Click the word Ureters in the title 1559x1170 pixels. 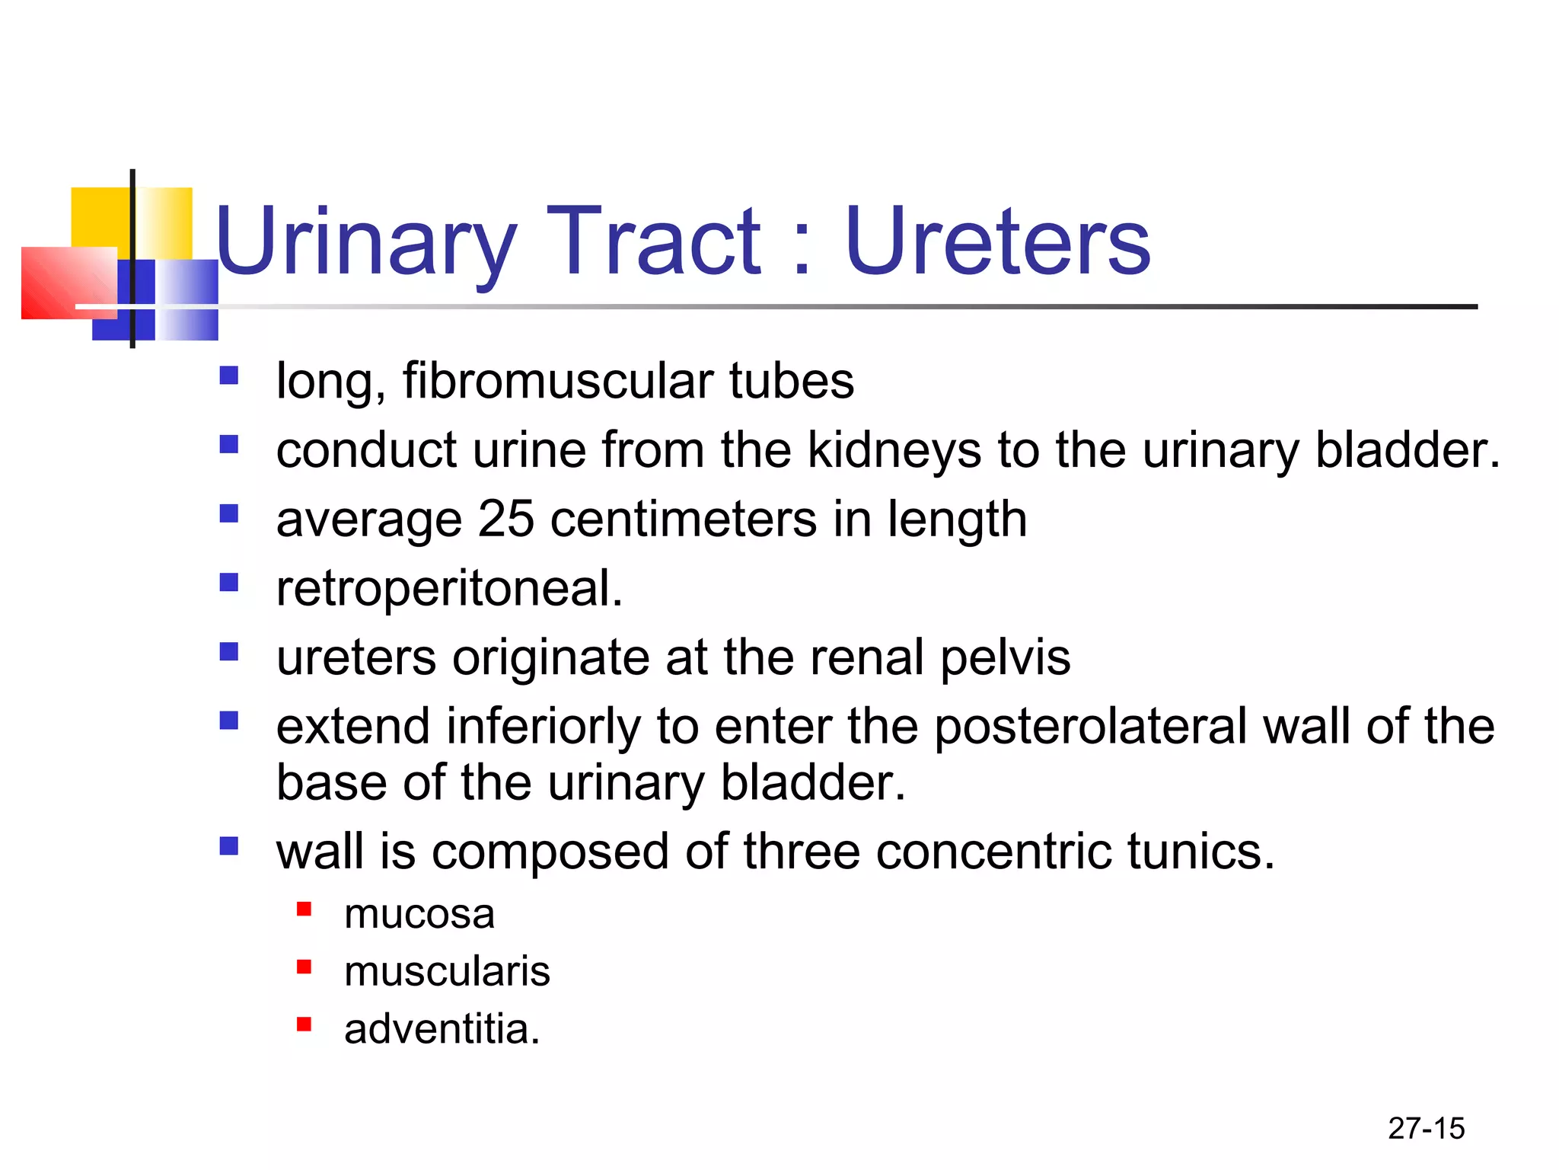pos(997,242)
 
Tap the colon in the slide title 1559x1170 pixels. pos(802,251)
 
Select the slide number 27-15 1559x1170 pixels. pos(1426,1128)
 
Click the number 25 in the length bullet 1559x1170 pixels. pos(506,519)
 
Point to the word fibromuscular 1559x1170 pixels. pos(558,381)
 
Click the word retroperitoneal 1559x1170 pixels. pos(448,589)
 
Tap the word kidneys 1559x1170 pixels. pos(894,450)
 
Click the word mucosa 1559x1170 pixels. pos(419,913)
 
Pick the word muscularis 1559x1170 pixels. pos(447,971)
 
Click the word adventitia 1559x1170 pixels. pos(441,1029)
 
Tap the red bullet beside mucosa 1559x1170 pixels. pos(304,909)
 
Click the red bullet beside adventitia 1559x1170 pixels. pos(304,1025)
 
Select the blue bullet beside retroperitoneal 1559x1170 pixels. pos(229,583)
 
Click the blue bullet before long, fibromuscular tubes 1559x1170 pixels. pos(229,376)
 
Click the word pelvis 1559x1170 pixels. pos(1005,657)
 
